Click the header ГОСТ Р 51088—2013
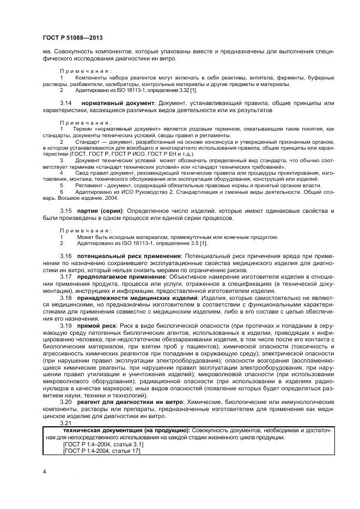click(x=72, y=37)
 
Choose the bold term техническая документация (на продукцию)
click(x=126, y=430)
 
